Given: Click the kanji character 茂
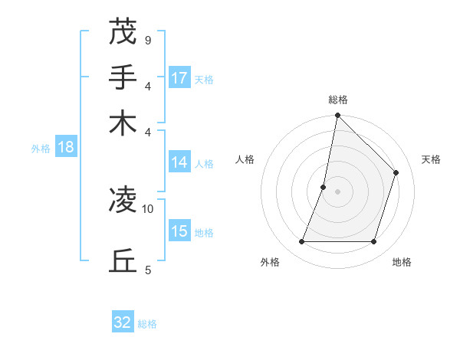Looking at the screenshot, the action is coord(123,31).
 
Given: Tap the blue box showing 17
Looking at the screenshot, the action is coord(179,78).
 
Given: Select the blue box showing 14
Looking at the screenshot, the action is coord(179,162).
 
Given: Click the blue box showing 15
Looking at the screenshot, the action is coord(179,231).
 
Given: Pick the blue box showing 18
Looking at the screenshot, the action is coord(65,147).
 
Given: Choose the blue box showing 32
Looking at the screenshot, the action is coord(123,322).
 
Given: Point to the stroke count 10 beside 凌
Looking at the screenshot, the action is coord(147,208).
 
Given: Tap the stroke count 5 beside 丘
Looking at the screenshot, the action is coord(147,270).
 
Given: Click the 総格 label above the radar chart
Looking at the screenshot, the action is coord(337,100).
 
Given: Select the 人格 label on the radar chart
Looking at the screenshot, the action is coord(245,159).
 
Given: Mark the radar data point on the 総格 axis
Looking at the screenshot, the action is coord(337,116).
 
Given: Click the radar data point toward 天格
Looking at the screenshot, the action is coord(396,172).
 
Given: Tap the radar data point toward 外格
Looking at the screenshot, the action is coord(301,242).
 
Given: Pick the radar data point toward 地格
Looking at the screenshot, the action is coord(374,242).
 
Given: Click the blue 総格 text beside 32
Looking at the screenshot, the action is coord(147,324).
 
